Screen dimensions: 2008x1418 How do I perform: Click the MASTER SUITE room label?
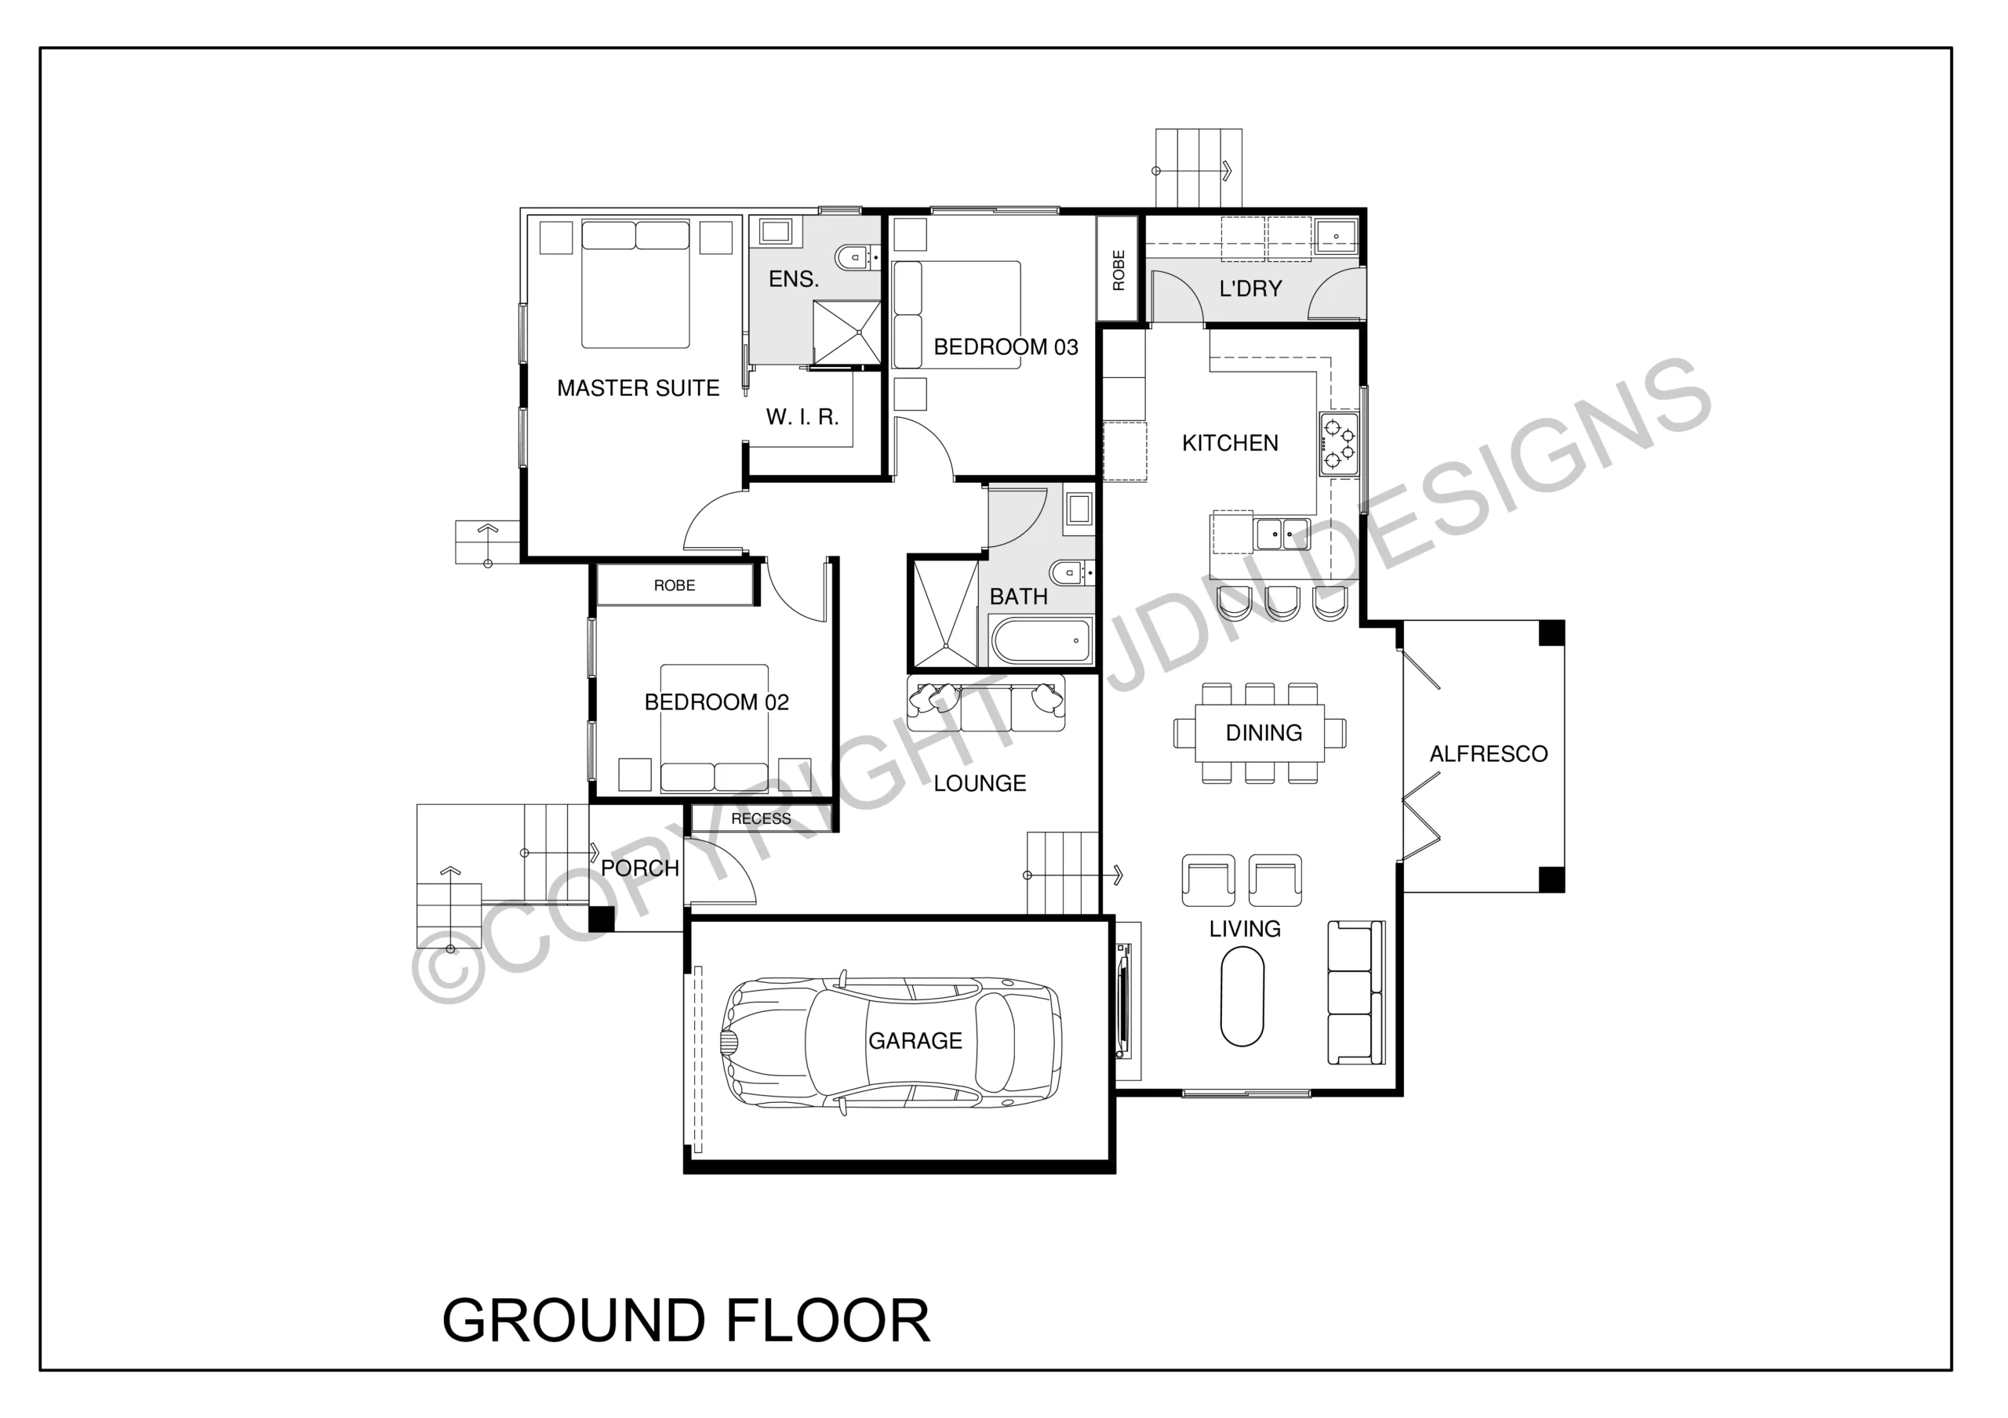pos(638,388)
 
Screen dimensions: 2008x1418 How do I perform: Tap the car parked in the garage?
pos(890,1042)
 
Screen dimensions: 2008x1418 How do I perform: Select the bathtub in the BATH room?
pos(1042,641)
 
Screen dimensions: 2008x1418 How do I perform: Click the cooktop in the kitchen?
pos(1339,444)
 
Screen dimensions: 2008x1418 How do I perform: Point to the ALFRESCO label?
pos(1489,753)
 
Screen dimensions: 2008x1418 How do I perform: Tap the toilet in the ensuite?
pos(857,257)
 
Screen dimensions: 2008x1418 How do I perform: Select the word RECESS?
pos(761,818)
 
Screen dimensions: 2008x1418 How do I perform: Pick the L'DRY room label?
pos(1250,288)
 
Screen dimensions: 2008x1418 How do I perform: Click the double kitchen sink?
pos(1282,533)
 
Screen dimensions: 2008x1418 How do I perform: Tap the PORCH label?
pos(640,868)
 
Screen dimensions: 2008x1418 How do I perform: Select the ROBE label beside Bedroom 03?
pos(1119,270)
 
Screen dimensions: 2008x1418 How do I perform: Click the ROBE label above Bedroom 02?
pos(675,586)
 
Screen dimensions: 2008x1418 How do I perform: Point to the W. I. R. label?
pos(803,417)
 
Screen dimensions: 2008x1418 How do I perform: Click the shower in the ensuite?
pos(847,332)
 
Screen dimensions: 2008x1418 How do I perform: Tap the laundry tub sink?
pos(1336,236)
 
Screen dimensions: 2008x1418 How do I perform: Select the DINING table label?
pos(1264,733)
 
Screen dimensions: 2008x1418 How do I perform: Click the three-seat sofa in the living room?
pos(1356,992)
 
